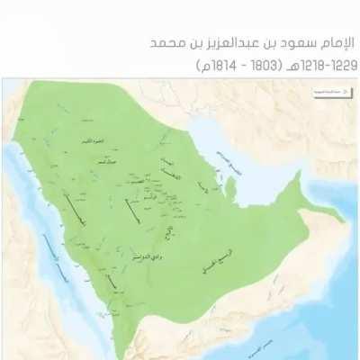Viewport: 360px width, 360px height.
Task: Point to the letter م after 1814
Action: pyautogui.click(x=203, y=65)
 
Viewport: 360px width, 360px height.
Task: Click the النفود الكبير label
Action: pyautogui.click(x=106, y=143)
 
